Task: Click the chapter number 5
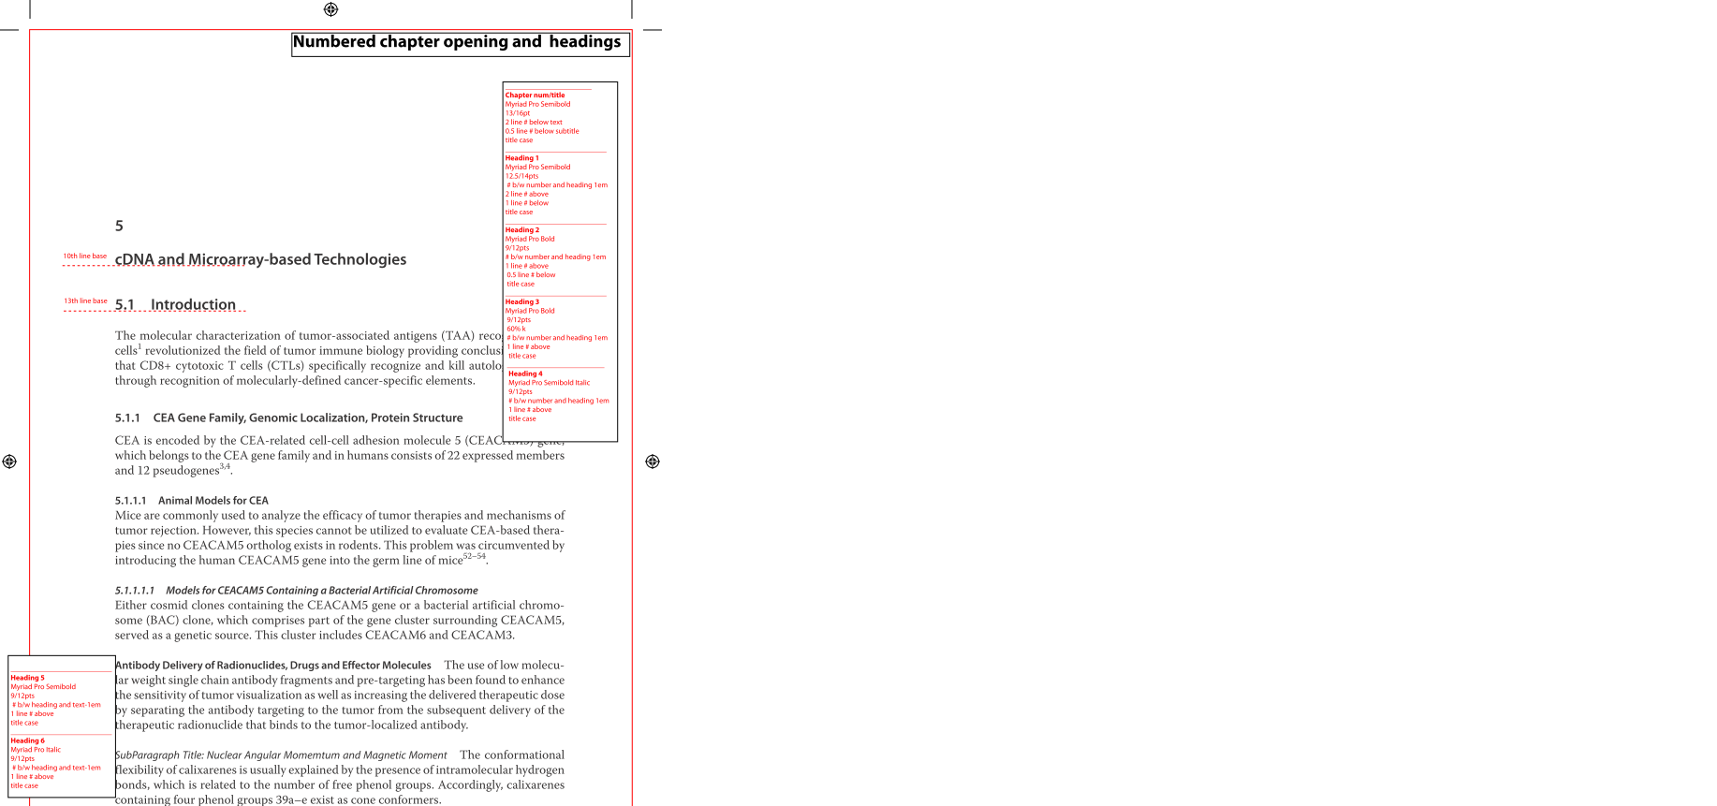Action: (119, 226)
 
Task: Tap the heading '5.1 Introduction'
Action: (176, 304)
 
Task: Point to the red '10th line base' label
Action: (84, 256)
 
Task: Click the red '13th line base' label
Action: (85, 300)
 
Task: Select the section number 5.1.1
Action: (127, 418)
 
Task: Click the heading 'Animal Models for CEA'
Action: (213, 500)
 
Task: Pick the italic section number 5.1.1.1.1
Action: (135, 590)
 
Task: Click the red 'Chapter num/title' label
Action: (535, 95)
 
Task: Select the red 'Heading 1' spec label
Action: (521, 157)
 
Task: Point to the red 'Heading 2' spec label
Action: (521, 229)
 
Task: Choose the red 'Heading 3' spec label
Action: (521, 301)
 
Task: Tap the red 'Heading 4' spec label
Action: (525, 374)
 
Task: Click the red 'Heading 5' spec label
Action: (27, 677)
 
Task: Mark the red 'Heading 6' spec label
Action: (27, 740)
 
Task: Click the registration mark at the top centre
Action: (330, 9)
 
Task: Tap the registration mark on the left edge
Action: (9, 462)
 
